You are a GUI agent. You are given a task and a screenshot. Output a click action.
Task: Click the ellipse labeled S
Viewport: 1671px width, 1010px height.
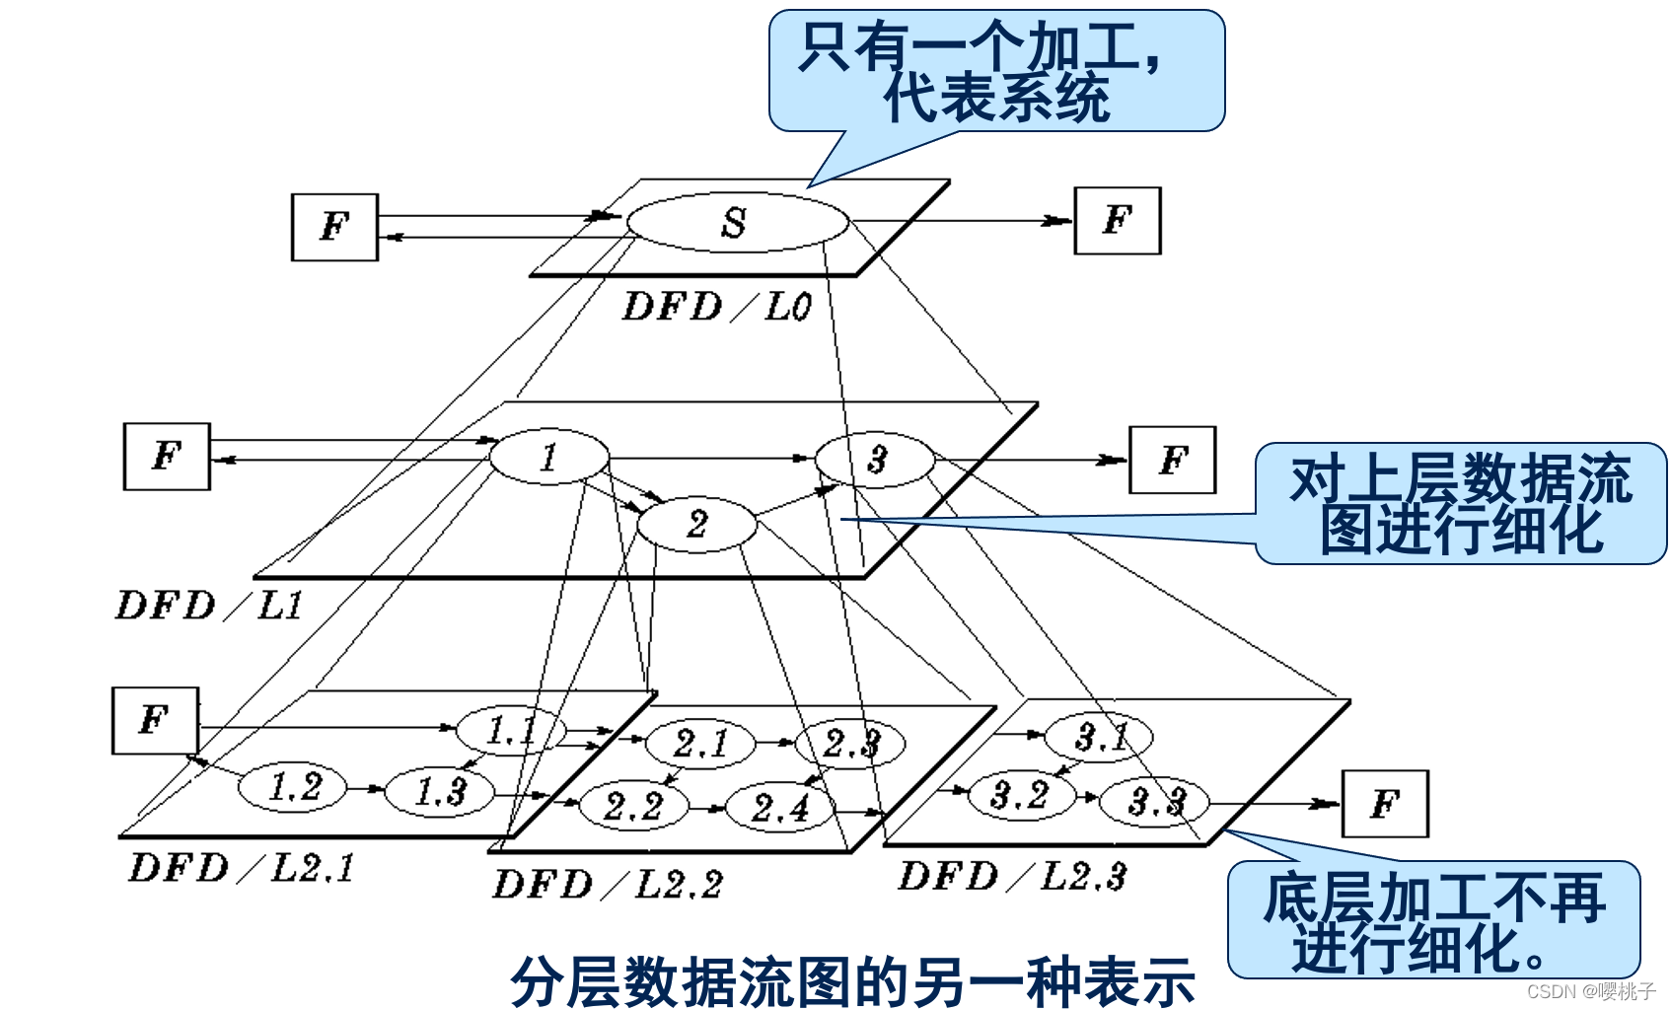click(737, 222)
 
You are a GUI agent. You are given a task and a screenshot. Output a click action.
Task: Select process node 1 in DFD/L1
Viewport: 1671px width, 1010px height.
click(549, 457)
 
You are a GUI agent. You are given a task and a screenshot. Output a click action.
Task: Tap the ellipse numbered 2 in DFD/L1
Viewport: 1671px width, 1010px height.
click(696, 524)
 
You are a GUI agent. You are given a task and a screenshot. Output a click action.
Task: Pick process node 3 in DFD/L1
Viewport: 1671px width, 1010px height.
click(875, 459)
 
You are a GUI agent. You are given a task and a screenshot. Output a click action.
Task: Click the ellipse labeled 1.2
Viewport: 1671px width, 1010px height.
click(293, 787)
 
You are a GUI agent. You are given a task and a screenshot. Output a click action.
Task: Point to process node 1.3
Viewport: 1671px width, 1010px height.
click(439, 791)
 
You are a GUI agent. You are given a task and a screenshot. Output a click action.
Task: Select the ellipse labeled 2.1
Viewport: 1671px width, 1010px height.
click(700, 743)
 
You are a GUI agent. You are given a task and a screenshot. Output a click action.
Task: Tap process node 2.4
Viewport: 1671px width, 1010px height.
click(779, 808)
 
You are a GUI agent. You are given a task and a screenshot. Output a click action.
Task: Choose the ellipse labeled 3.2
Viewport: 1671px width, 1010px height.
click(1020, 794)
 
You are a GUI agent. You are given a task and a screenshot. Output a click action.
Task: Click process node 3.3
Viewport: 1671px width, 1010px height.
click(1154, 801)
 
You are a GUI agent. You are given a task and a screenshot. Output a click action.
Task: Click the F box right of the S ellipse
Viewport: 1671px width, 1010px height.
click(1117, 221)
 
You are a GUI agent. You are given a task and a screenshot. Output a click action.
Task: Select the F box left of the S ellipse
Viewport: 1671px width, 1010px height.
click(334, 227)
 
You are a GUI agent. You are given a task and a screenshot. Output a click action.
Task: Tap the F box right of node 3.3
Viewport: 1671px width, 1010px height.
click(1385, 804)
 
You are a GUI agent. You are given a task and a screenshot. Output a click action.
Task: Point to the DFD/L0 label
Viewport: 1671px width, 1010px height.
click(717, 307)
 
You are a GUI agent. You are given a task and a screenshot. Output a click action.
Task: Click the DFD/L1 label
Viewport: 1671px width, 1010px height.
click(209, 605)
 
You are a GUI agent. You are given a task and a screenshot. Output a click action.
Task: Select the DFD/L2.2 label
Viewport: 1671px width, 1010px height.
click(608, 885)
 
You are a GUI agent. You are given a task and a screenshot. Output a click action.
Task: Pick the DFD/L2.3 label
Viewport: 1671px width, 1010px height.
click(1012, 876)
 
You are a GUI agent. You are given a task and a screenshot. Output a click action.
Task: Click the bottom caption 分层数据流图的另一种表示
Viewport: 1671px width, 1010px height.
click(852, 981)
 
